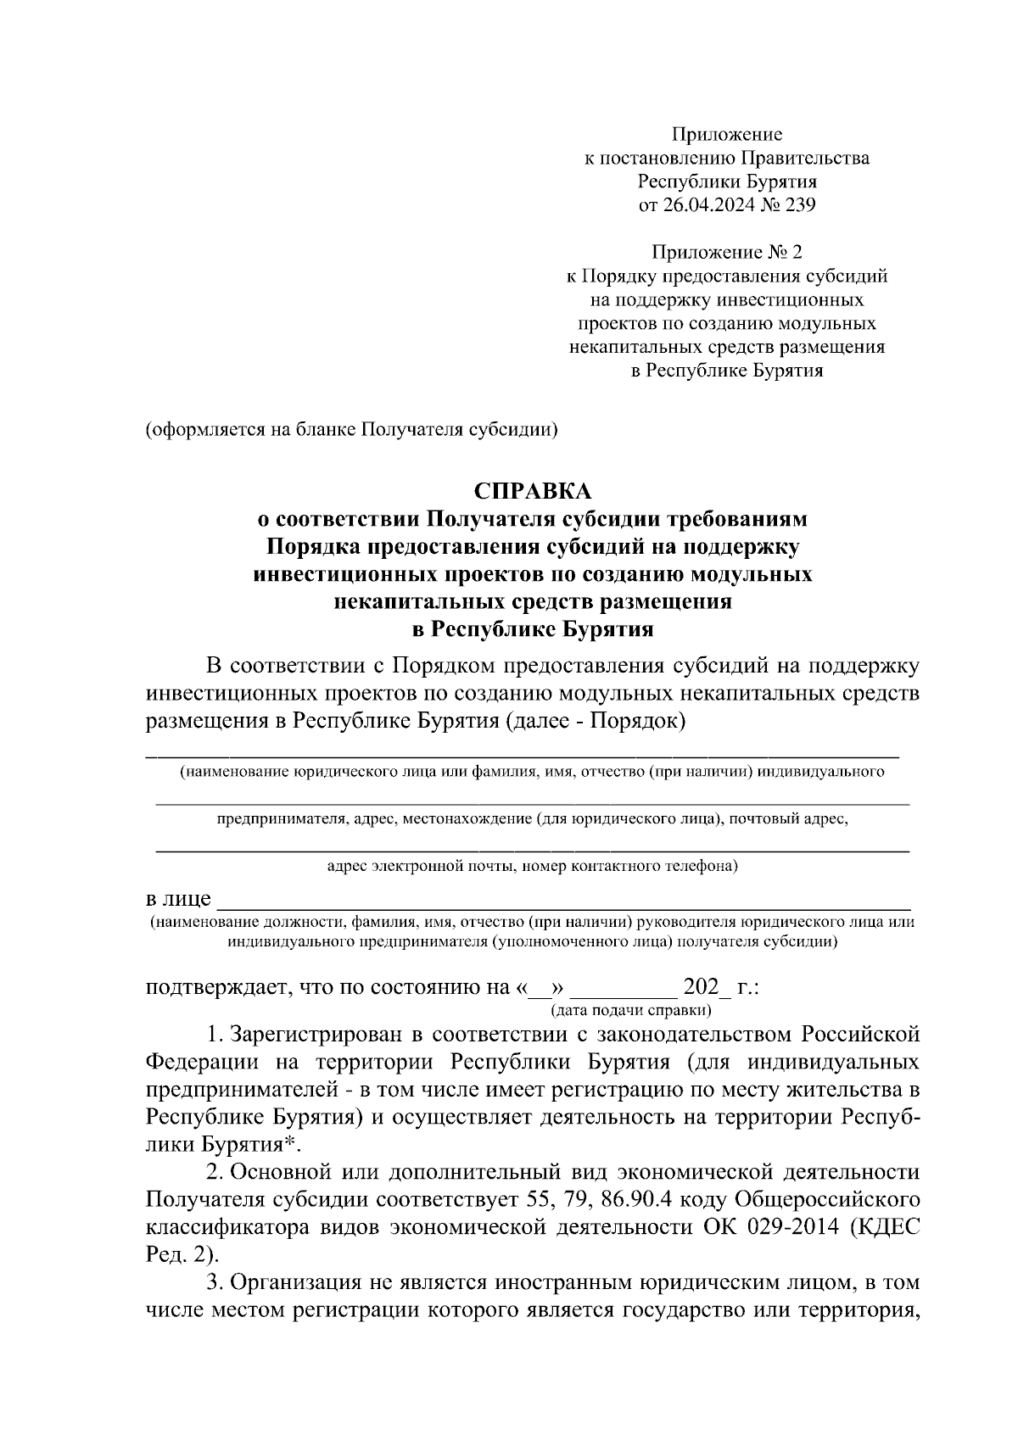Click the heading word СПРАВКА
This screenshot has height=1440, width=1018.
[x=533, y=491]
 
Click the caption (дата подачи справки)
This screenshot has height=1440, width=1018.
[x=630, y=1010]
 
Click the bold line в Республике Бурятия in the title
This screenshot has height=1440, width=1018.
[x=533, y=629]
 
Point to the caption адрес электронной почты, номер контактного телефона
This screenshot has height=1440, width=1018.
[x=533, y=867]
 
